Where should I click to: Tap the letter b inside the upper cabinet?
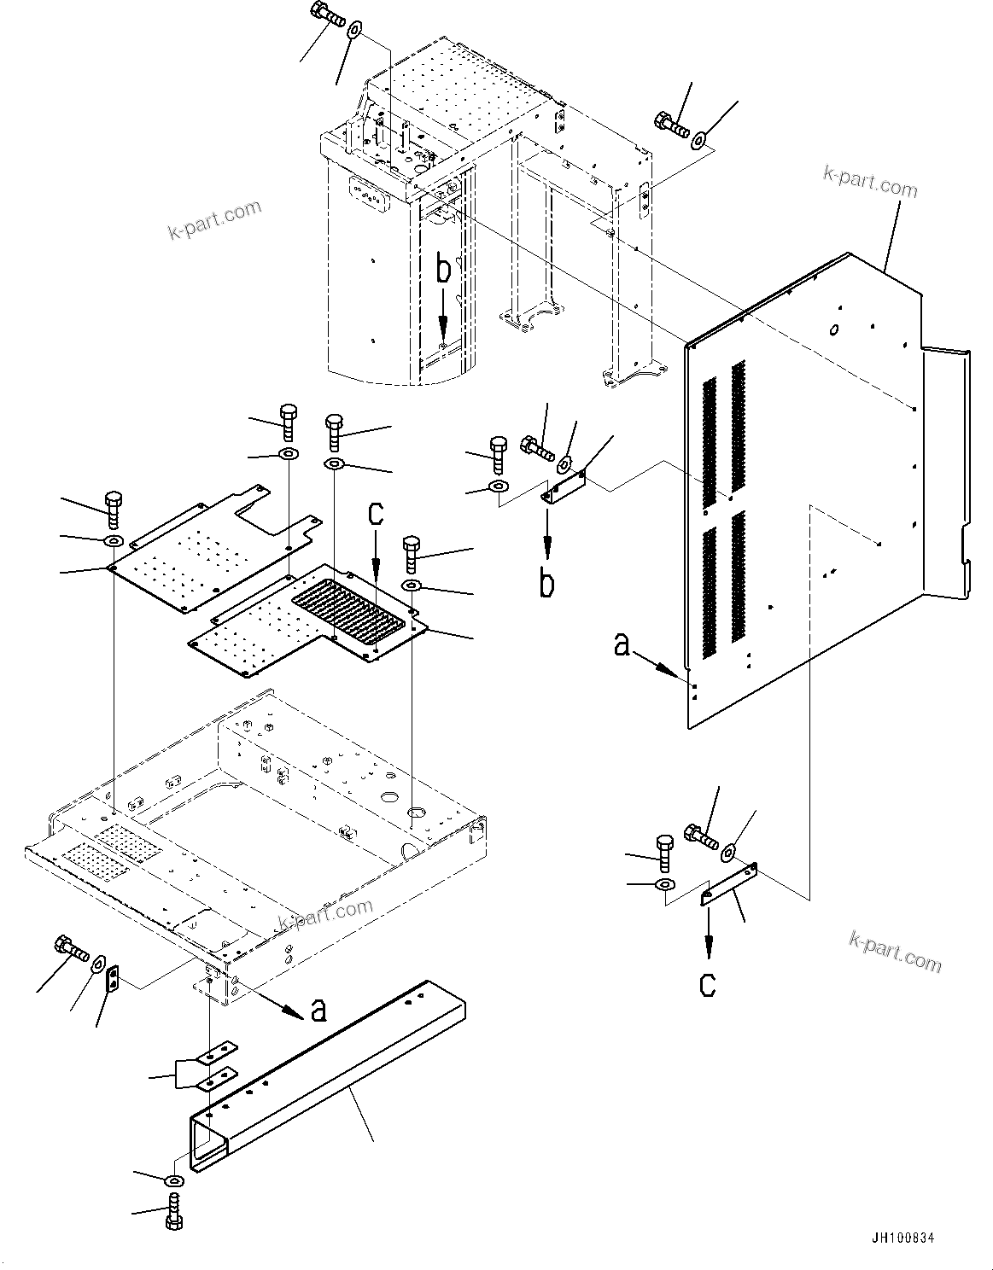tap(443, 270)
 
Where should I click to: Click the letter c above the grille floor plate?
tap(376, 514)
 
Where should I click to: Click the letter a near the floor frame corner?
tap(318, 1011)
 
